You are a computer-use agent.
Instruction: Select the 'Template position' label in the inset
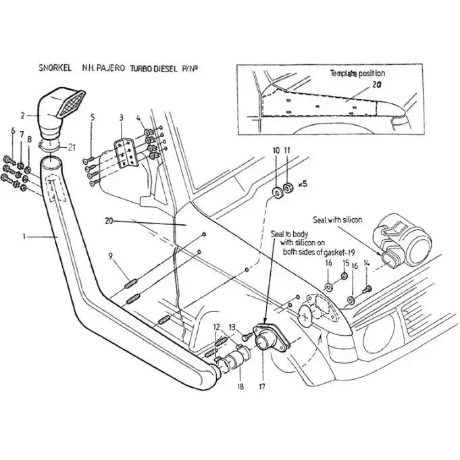point(357,73)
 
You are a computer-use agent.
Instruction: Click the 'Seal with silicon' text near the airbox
point(338,220)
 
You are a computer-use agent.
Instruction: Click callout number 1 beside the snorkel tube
point(25,236)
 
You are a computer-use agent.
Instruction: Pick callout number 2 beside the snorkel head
point(23,116)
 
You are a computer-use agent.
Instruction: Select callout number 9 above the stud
point(111,255)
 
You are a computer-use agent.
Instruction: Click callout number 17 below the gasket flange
point(261,387)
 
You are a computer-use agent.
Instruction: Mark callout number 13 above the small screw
point(232,327)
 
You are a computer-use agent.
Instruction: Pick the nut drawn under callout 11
point(287,186)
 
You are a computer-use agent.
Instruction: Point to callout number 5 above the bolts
point(93,118)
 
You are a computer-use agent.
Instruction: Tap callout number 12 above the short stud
point(217,327)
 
